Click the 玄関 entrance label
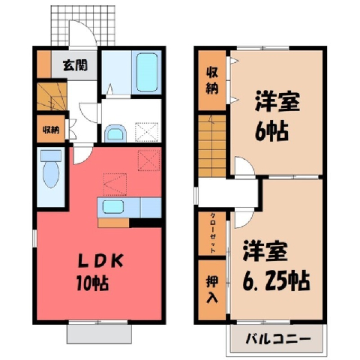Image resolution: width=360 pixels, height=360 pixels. (75, 65)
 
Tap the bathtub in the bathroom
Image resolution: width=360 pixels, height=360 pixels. (147, 73)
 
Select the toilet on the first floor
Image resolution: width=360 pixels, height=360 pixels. (51, 169)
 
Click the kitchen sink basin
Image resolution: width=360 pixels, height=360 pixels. (113, 207)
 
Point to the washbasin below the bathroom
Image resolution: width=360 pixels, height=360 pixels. (115, 133)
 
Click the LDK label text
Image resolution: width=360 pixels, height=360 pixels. (100, 261)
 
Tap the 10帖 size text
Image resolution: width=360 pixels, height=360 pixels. (93, 283)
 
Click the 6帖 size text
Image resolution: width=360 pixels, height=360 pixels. (271, 131)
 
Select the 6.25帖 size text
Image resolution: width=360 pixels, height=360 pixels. (276, 280)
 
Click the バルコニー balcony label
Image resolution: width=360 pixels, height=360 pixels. (278, 339)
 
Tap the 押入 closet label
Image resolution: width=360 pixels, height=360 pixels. (212, 289)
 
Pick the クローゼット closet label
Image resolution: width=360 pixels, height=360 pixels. (213, 233)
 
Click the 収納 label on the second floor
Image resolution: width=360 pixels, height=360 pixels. (212, 80)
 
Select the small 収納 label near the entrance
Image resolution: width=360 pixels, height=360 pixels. (51, 130)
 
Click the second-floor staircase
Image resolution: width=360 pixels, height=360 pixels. (212, 145)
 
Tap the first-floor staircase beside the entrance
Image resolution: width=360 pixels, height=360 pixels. (52, 96)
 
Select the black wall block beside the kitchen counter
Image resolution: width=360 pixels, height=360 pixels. (145, 223)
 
